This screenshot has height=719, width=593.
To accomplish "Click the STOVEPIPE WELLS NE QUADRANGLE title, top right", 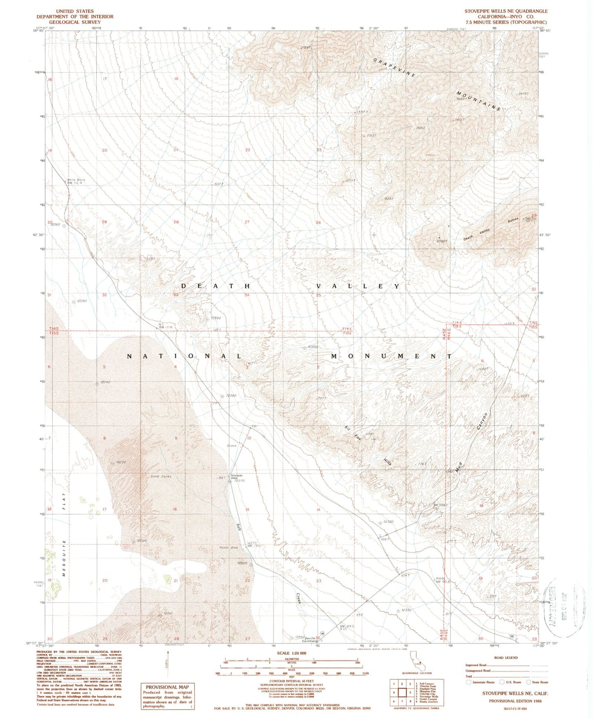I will (506, 11).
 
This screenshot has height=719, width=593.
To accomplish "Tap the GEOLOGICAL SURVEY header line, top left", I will (75, 22).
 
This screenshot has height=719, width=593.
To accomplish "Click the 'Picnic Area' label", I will (229, 547).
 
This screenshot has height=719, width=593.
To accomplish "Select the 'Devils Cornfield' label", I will (310, 639).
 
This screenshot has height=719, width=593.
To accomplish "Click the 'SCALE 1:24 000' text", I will (291, 653).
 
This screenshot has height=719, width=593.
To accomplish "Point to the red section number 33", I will (176, 295).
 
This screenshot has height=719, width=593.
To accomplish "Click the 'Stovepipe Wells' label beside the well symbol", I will (234, 476).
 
